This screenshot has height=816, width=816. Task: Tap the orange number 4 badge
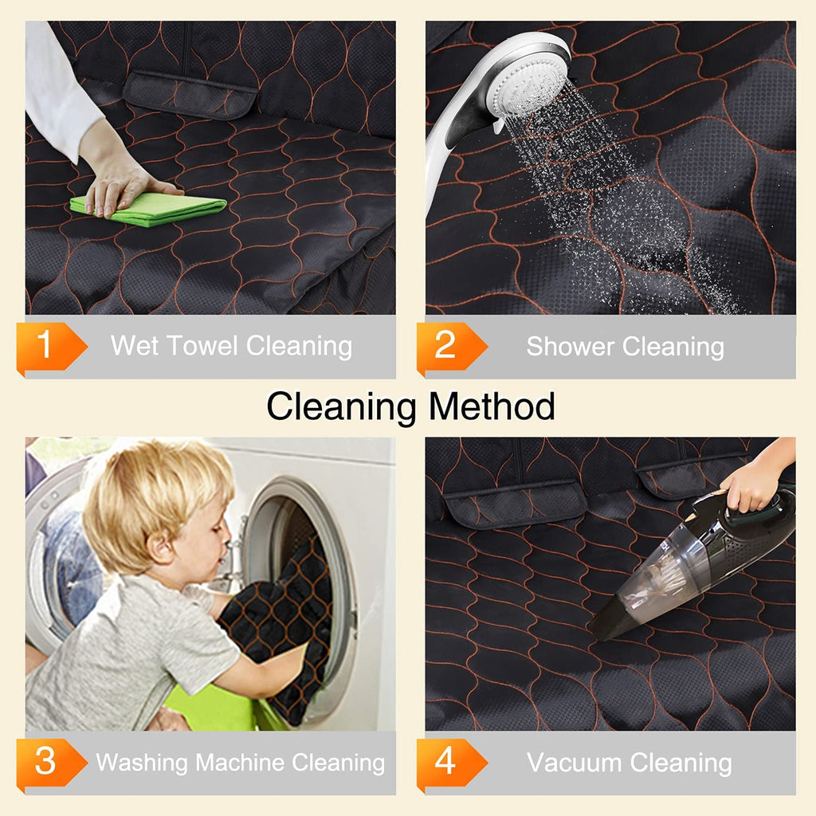coord(451,763)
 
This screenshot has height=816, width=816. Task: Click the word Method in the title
coord(492,406)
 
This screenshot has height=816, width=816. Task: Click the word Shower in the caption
coord(570,346)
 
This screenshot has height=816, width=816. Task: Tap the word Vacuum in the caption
coord(575,763)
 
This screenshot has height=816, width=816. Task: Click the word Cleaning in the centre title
coord(341,407)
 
